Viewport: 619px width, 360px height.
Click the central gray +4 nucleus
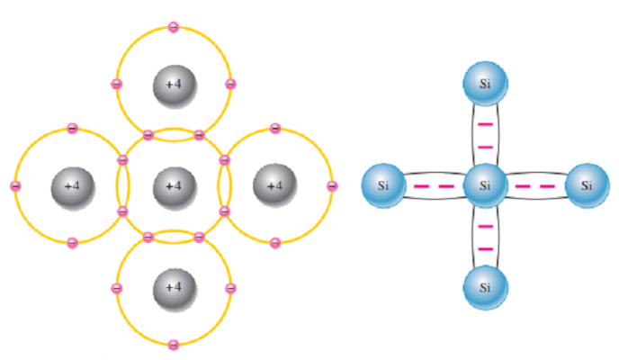(x=174, y=186)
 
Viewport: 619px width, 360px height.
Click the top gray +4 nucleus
(x=174, y=85)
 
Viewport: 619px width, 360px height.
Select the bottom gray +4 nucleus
(x=174, y=288)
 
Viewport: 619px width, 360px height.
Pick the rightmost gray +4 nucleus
(x=274, y=186)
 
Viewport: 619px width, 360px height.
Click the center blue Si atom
(x=485, y=186)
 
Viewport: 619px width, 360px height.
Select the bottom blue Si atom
(x=485, y=288)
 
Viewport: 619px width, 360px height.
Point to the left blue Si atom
(x=383, y=186)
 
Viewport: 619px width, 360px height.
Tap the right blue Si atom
(x=587, y=186)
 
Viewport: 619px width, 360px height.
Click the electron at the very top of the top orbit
(x=174, y=27)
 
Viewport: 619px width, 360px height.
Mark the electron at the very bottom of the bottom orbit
(x=174, y=345)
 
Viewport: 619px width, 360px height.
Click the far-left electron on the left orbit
(x=14, y=186)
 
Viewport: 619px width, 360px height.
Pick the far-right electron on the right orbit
(x=332, y=186)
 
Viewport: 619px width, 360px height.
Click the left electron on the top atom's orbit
(x=116, y=85)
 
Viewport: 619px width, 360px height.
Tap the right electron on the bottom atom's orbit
(x=231, y=288)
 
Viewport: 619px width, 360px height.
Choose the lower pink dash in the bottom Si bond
(x=485, y=248)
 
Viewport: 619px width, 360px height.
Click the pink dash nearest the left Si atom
(x=421, y=186)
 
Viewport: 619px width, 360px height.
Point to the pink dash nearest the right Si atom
(x=549, y=186)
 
